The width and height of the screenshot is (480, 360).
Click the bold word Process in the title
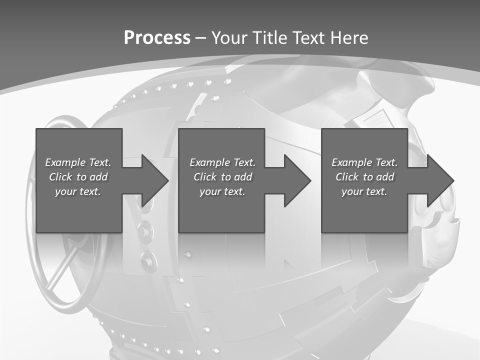point(157,38)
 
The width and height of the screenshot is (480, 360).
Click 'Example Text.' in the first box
point(78,162)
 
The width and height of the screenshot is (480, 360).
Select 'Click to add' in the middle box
point(222,177)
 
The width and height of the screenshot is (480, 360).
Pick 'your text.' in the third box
point(364,191)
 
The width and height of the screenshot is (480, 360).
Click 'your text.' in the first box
point(78,191)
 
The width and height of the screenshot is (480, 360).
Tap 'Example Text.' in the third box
point(364,162)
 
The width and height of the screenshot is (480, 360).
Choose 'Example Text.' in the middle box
point(222,162)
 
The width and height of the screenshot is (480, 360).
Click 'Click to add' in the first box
point(78,177)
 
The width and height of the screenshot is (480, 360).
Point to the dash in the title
point(200,38)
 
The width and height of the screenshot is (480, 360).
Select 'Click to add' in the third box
point(364,177)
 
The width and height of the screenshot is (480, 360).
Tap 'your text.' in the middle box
point(222,191)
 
